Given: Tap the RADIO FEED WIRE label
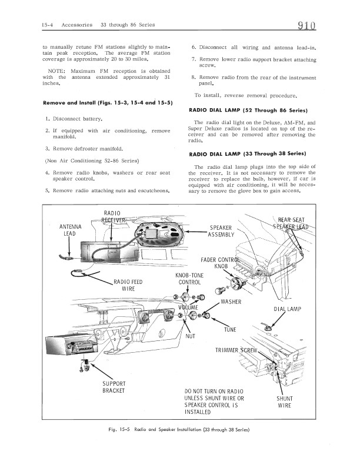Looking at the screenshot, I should pos(129,285).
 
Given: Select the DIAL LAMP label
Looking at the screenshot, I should pos(288,309).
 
